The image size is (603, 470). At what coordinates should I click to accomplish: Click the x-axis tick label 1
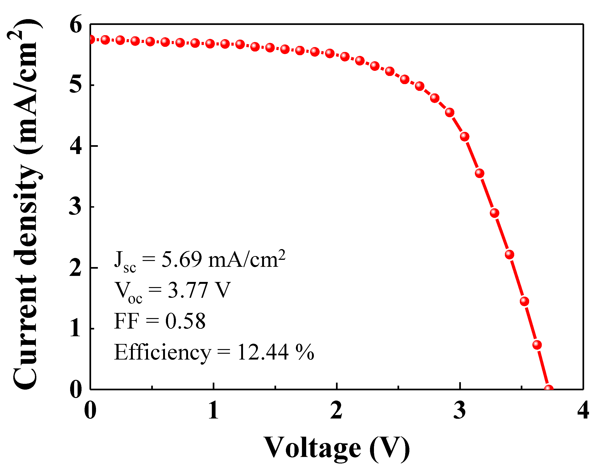tap(213, 411)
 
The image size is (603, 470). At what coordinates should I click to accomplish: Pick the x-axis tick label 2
tap(336, 411)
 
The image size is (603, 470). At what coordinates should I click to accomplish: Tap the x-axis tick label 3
tap(460, 411)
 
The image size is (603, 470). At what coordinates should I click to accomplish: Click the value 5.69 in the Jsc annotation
tap(182, 259)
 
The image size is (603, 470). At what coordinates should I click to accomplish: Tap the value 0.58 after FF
tap(185, 321)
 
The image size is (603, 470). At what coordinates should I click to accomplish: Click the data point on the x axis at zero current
tap(548, 389)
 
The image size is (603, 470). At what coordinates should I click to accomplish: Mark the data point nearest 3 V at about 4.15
tap(465, 136)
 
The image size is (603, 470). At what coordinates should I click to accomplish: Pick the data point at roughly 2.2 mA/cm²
tap(509, 254)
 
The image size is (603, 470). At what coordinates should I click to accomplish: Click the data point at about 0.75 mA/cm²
tap(537, 345)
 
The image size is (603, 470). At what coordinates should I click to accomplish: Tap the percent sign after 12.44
tap(305, 352)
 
